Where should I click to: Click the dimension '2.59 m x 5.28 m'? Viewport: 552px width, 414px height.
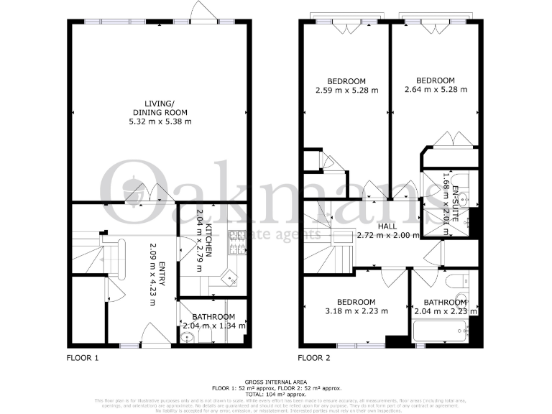click(346, 91)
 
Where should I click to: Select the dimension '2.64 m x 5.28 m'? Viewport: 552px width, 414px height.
click(436, 90)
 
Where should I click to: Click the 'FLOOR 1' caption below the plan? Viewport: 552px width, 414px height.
click(82, 357)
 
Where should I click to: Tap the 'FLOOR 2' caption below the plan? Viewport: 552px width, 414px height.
click(314, 357)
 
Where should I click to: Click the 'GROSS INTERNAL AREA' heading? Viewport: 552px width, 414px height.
click(275, 382)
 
